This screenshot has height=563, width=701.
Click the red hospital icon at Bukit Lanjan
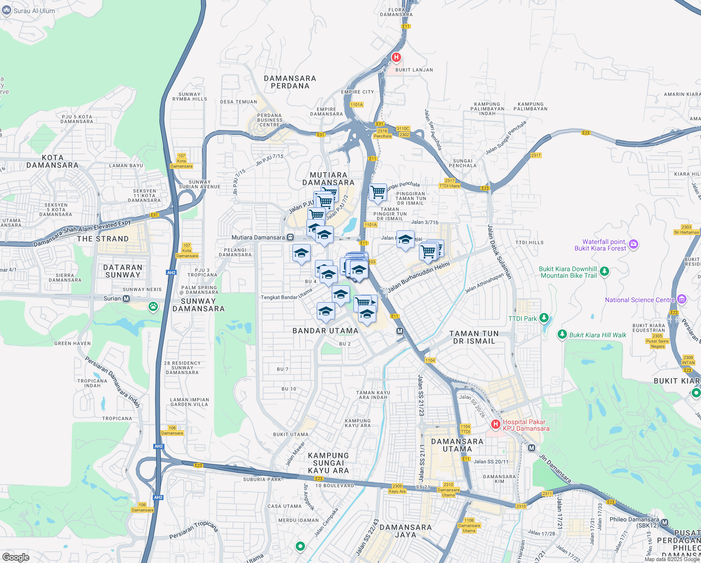tap(396, 58)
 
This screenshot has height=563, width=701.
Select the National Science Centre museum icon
tap(682, 299)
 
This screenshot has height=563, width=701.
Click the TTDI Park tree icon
tap(544, 318)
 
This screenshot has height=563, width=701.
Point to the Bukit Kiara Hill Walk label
tap(597, 335)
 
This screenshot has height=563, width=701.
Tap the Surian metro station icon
tap(126, 298)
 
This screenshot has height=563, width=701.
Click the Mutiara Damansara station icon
tap(291, 237)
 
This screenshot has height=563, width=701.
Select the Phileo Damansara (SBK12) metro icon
tap(664, 523)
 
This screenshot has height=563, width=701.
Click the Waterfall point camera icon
tap(634, 244)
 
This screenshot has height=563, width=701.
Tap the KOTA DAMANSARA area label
tap(52, 161)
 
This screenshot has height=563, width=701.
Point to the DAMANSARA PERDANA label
tap(290, 82)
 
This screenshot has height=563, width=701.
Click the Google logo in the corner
tap(15, 557)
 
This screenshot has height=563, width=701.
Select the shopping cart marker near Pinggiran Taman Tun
tap(378, 191)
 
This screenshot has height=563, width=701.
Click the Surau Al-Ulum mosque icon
tap(7, 10)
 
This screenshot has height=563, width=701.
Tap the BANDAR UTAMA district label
tap(325, 331)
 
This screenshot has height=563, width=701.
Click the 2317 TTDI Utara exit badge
tap(449, 183)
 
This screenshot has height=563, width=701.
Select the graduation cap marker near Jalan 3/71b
tap(405, 239)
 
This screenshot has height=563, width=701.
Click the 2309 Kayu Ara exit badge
tap(397, 488)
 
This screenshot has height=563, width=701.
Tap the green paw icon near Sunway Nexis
tap(153, 307)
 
